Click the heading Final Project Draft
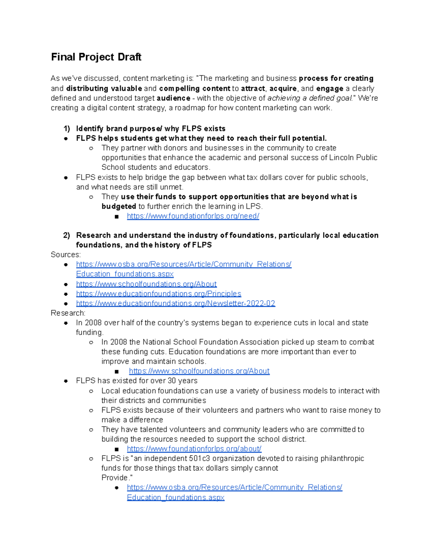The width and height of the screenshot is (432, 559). click(x=96, y=57)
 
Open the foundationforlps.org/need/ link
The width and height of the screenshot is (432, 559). click(x=193, y=216)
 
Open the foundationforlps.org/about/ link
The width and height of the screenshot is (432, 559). click(x=194, y=449)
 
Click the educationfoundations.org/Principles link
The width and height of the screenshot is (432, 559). click(x=158, y=294)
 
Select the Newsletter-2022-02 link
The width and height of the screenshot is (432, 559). click(x=176, y=303)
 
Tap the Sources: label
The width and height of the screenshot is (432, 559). click(x=66, y=255)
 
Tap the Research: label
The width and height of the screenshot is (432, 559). click(x=68, y=313)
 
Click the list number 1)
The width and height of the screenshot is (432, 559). click(x=67, y=129)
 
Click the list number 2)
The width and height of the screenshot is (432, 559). click(x=67, y=235)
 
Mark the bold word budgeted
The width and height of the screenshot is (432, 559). click(x=119, y=207)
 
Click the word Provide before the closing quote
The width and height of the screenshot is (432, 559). click(x=115, y=478)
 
